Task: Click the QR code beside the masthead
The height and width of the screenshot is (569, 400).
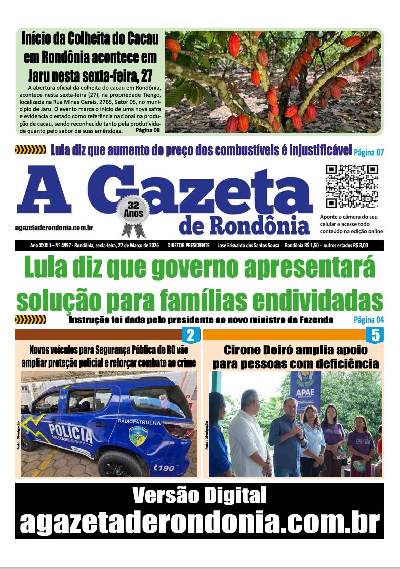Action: (x=352, y=186)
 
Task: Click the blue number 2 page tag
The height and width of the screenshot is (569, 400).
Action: (x=190, y=335)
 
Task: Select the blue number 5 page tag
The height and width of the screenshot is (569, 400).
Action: (x=375, y=335)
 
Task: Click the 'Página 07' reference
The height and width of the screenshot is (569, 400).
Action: (x=369, y=152)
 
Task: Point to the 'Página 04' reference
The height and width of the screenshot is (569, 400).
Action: (x=369, y=320)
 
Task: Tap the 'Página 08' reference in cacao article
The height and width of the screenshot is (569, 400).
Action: (x=148, y=131)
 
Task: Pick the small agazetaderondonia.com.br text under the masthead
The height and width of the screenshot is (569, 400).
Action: (x=57, y=229)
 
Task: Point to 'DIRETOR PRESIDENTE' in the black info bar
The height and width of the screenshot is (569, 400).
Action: (x=188, y=246)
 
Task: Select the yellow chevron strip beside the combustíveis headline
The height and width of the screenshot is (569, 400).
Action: (x=30, y=150)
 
